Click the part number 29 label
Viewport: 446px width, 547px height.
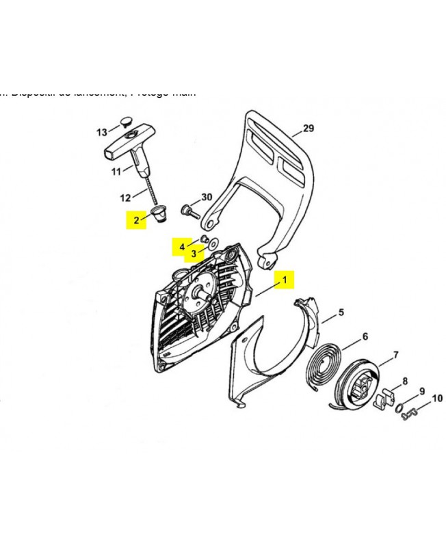[x=308, y=129]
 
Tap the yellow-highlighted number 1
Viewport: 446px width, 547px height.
[x=285, y=280]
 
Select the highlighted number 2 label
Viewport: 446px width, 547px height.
[x=136, y=220]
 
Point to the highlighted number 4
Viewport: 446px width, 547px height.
[x=182, y=245]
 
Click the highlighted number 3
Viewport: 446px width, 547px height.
[x=194, y=254]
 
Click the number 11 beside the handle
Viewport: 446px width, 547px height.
[x=116, y=170]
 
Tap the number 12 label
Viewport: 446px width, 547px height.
[x=125, y=198]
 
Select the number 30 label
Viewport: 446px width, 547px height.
[x=207, y=197]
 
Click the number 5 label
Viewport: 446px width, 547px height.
[x=341, y=312]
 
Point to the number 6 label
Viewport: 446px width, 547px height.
[x=365, y=336]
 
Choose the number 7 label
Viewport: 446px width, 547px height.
[x=395, y=355]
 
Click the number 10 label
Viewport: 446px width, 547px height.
[x=437, y=398]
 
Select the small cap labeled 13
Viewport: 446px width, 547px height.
[x=124, y=121]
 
